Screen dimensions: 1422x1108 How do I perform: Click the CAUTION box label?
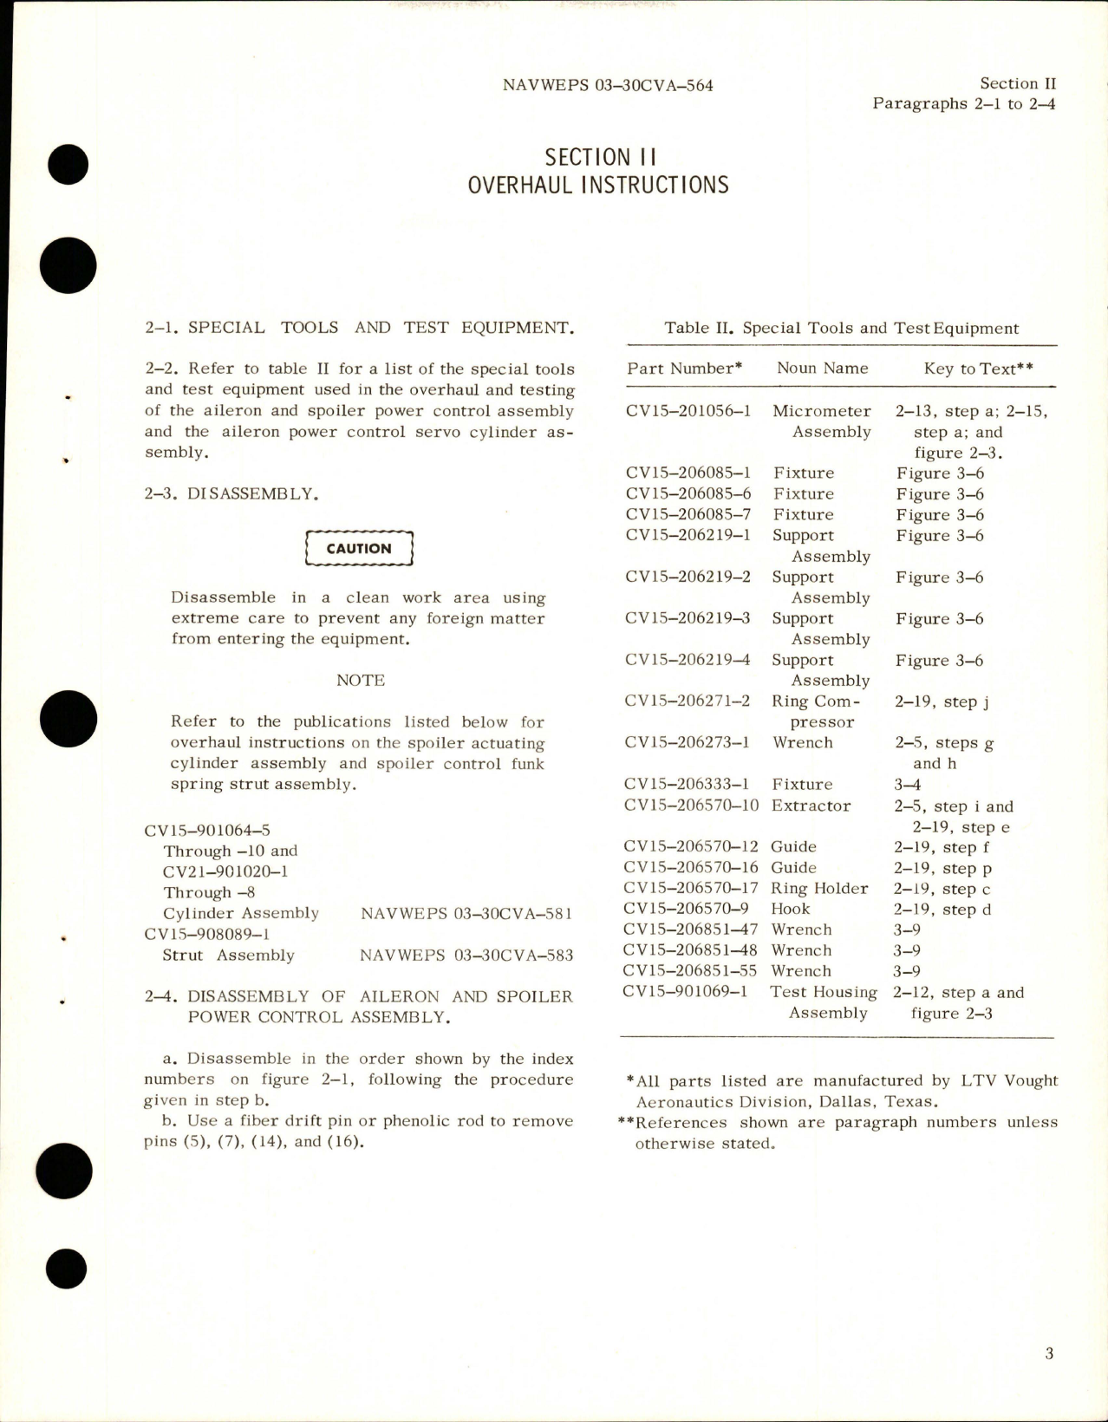pos(359,549)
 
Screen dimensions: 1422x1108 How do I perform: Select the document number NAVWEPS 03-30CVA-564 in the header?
pos(607,85)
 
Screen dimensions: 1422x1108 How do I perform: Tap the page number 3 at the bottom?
pos(1049,1354)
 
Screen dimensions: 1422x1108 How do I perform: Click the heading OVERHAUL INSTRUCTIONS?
pos(598,185)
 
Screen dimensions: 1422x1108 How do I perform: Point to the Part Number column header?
pos(684,369)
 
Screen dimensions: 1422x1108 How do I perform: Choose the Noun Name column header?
pos(822,369)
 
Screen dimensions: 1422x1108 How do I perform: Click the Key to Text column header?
pos(978,369)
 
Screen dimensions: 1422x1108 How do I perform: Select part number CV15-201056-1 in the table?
pos(688,411)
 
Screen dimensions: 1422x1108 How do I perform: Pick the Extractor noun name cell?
pos(811,806)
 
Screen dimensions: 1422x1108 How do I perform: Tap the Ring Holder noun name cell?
pos(819,889)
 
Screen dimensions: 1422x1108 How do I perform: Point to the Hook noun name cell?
pos(790,910)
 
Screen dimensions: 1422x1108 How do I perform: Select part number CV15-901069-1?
pos(685,992)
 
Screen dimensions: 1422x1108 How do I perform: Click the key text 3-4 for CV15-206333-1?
pos(907,785)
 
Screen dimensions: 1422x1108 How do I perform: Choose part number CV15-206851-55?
pos(690,971)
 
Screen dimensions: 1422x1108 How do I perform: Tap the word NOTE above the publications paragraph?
pos(361,681)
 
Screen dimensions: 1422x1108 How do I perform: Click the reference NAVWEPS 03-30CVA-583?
pos(466,956)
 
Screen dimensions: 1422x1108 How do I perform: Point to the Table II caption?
pos(841,328)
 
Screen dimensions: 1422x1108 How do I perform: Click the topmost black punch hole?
pos(69,164)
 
